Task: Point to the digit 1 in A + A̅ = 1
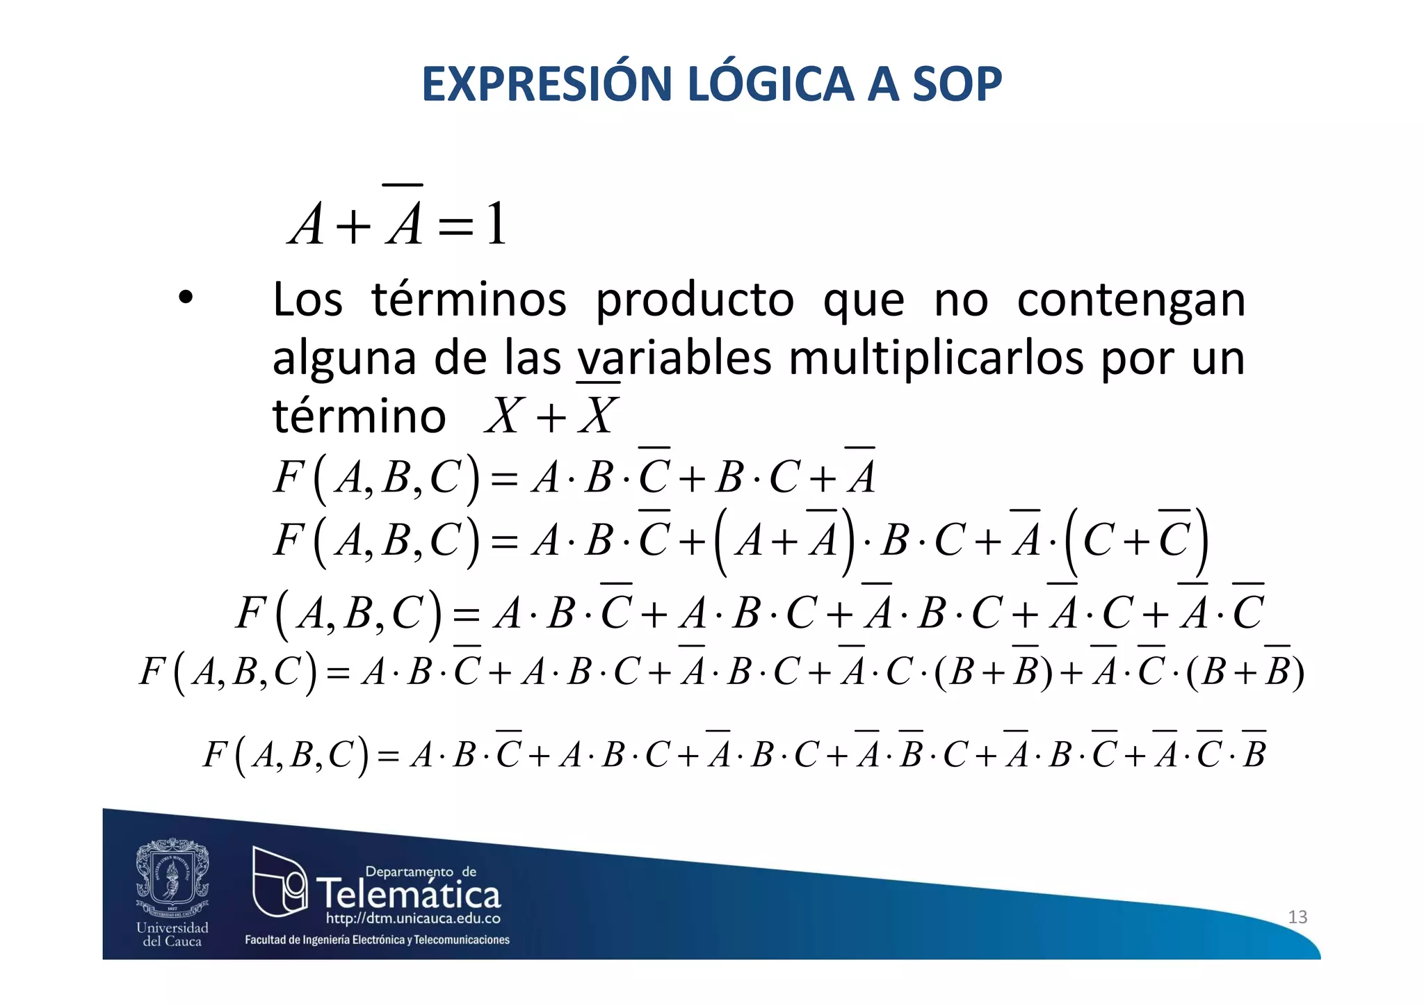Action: pyautogui.click(x=496, y=225)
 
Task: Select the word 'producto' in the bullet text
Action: pyautogui.click(x=695, y=300)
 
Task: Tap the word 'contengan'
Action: pyautogui.click(x=1131, y=300)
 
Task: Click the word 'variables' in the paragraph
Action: pyautogui.click(x=674, y=359)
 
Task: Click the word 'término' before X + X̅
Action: pyautogui.click(x=359, y=416)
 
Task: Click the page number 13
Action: pyautogui.click(x=1297, y=917)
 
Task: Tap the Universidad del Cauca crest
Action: pyautogui.click(x=172, y=877)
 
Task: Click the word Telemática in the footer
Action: pyautogui.click(x=409, y=894)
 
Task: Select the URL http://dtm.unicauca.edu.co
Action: pyautogui.click(x=413, y=919)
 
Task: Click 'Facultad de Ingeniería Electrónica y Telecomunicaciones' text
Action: pyautogui.click(x=377, y=940)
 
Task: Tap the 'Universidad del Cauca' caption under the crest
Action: pyautogui.click(x=172, y=934)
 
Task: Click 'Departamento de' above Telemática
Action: pyautogui.click(x=421, y=872)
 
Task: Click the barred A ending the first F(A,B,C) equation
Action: pyautogui.click(x=861, y=476)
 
